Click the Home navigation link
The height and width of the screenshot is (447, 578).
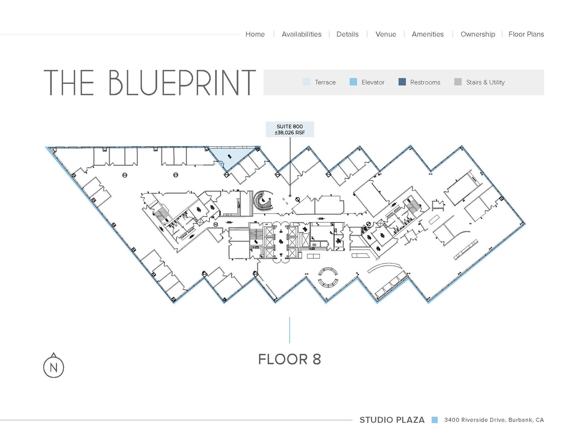pos(255,34)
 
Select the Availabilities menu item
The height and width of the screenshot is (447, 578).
pos(301,34)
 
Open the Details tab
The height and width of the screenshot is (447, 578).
pos(347,34)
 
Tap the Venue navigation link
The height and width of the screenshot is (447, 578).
pos(386,34)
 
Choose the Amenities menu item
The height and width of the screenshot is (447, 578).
pos(428,34)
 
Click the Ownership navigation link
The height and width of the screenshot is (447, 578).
pos(478,34)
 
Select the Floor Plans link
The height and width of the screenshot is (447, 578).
pos(526,34)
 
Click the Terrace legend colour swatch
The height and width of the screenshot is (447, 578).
pos(306,82)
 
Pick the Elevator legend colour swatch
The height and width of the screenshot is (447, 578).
pos(353,82)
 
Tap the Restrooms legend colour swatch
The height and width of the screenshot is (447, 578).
pos(402,82)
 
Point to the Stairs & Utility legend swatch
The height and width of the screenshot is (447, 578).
pos(458,82)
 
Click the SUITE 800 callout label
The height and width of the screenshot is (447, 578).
pos(290,129)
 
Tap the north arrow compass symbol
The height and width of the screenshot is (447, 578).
pos(54,366)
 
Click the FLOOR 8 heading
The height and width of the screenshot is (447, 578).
pos(290,359)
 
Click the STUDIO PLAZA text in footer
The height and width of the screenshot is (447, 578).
pos(392,420)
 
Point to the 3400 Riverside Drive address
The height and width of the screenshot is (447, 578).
pos(494,420)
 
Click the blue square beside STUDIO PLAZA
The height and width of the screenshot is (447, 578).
pos(434,420)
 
